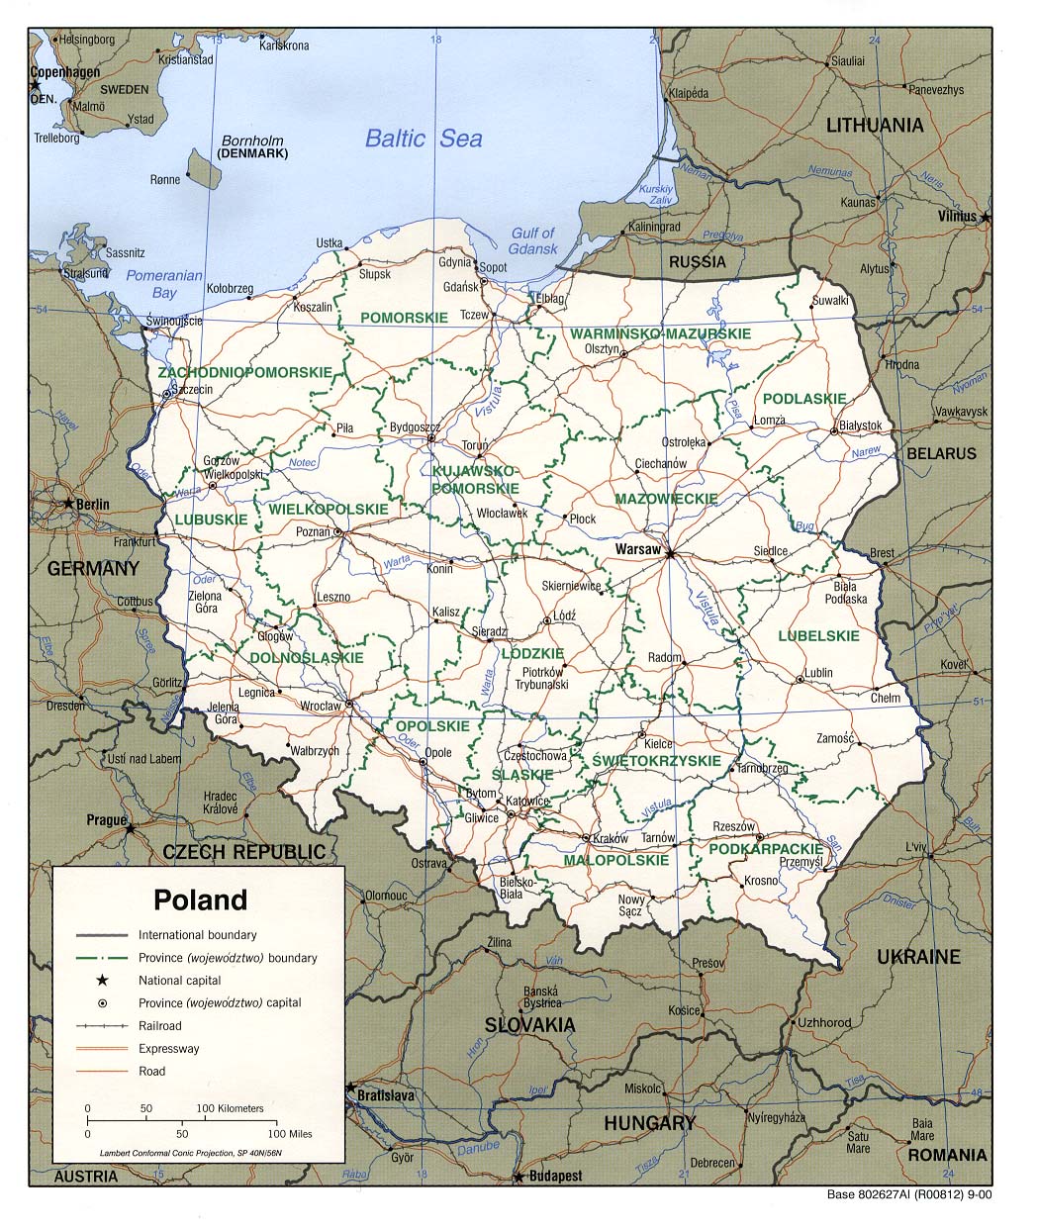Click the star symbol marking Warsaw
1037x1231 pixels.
click(x=670, y=554)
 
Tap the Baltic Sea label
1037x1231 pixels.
click(x=424, y=139)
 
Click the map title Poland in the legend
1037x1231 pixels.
click(x=200, y=900)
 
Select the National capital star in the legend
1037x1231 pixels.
click(x=102, y=980)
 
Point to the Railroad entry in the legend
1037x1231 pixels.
click(x=159, y=1025)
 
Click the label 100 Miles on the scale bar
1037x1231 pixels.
click(x=289, y=1133)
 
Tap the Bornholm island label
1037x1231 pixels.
click(x=252, y=141)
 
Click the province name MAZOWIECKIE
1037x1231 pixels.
click(x=665, y=500)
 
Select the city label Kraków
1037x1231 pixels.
click(x=611, y=838)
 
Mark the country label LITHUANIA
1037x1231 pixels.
click(x=875, y=125)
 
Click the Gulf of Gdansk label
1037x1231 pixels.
click(x=533, y=241)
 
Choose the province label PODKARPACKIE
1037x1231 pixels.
click(x=766, y=849)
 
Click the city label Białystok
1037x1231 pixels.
click(x=860, y=426)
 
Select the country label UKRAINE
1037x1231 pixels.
click(x=918, y=956)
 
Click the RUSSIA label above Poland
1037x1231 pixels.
click(x=697, y=262)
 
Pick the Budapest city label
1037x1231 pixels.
click(x=555, y=1177)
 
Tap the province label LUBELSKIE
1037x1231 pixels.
click(x=818, y=635)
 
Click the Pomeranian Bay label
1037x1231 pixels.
click(x=164, y=284)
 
